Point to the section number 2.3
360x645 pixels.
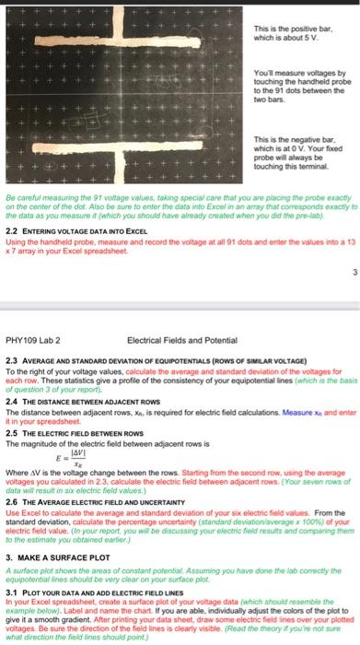click(x=12, y=360)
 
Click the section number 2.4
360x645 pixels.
click(x=12, y=402)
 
